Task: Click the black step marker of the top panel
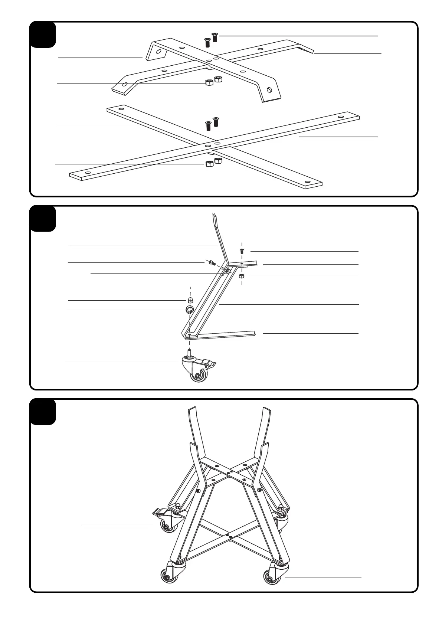click(43, 35)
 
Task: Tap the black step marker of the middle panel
click(43, 219)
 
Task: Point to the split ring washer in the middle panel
click(190, 310)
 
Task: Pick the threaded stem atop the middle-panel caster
click(190, 352)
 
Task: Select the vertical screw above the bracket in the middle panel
click(242, 251)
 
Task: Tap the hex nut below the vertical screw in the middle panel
click(241, 276)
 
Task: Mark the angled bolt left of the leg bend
click(212, 263)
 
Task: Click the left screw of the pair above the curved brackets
click(207, 42)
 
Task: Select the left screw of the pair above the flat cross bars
click(208, 125)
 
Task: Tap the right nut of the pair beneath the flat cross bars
click(218, 161)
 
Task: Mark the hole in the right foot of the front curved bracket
click(269, 89)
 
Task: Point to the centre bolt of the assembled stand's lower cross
click(226, 535)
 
